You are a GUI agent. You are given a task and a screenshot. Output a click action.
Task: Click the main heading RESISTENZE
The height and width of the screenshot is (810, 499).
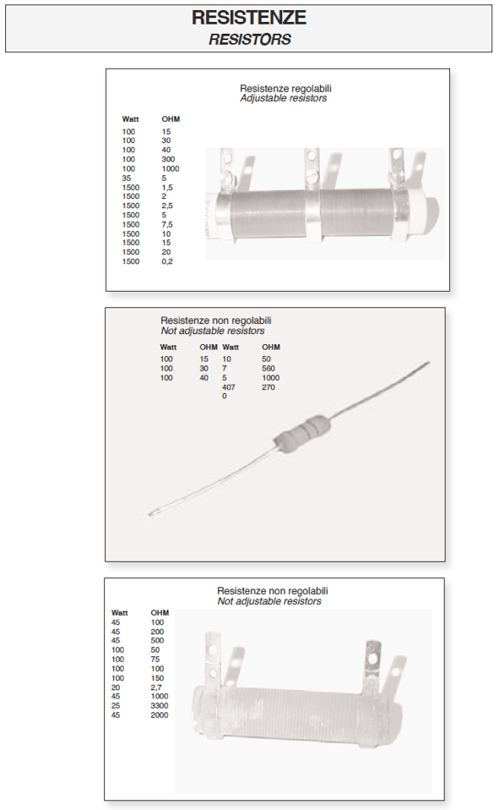click(249, 18)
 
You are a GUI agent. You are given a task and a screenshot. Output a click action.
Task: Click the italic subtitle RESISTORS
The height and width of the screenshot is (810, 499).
click(250, 39)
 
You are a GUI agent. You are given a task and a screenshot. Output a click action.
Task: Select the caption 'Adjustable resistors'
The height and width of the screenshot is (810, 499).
click(284, 98)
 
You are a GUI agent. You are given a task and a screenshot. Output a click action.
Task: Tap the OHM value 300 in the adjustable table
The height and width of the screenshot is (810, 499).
click(168, 159)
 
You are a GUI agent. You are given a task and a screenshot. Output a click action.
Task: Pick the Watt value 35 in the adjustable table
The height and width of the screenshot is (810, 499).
click(127, 178)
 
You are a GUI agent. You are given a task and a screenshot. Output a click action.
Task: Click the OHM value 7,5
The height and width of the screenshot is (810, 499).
click(167, 224)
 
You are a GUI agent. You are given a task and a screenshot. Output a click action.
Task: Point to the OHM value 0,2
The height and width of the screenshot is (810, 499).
click(167, 261)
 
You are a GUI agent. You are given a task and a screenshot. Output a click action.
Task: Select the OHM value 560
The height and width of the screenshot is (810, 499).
click(268, 369)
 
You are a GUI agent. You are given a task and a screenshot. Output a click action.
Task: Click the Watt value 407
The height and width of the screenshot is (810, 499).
click(229, 387)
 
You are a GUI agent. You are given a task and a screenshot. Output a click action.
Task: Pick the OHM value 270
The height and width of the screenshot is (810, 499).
click(268, 387)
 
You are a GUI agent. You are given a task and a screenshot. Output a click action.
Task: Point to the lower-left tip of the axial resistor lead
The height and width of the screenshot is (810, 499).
click(149, 514)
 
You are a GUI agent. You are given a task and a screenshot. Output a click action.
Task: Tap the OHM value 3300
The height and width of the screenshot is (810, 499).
click(160, 706)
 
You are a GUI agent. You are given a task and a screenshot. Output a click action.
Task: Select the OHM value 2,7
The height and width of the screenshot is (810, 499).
click(156, 687)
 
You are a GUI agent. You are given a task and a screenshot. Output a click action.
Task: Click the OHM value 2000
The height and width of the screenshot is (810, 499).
click(160, 715)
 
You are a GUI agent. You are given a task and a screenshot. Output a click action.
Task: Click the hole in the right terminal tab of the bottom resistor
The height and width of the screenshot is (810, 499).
click(371, 659)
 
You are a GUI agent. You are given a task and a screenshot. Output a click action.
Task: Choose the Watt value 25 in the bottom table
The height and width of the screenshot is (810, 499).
click(116, 706)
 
